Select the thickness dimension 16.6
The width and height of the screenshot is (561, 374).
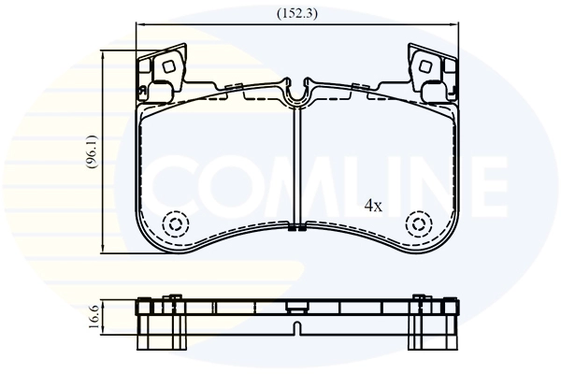click(94, 319)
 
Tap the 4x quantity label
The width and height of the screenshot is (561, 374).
click(372, 206)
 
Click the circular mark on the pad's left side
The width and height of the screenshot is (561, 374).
click(172, 224)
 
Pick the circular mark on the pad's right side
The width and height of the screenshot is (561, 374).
click(418, 224)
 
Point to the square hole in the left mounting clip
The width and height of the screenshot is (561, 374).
click(168, 66)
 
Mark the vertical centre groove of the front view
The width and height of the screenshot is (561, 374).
click(295, 168)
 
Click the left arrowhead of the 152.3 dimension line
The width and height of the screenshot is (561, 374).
click(138, 24)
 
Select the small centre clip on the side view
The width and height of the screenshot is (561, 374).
click(295, 305)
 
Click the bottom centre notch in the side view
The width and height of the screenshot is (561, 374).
click(295, 327)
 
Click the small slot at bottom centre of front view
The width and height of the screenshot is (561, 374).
click(295, 227)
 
